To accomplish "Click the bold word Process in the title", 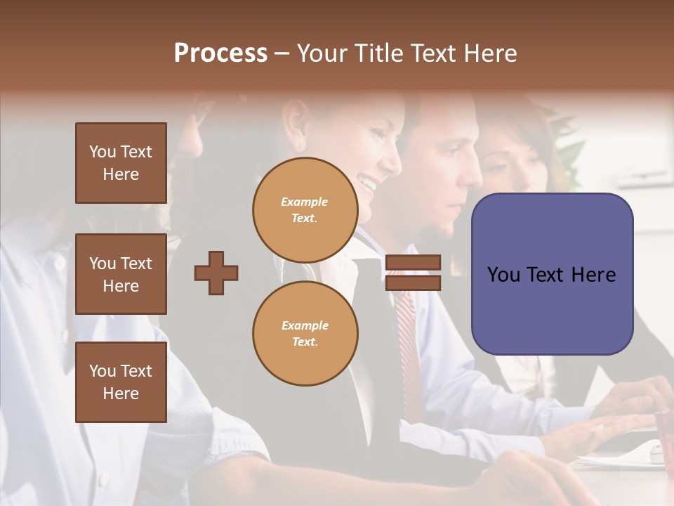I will coord(220,53).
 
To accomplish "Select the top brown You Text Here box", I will coord(121,163).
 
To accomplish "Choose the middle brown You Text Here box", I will coord(121,274).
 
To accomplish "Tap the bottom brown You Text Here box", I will coord(121,382).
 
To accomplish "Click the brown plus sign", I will coord(216,273).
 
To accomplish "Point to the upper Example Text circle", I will coord(305,210).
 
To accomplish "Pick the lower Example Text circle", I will coord(305,334).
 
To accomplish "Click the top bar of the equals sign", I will coord(414,263).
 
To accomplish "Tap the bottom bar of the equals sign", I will coord(414,283).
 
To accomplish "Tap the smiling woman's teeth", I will coord(366,183).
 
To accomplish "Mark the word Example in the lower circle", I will coord(305,325).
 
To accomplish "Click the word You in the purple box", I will coord(503,275).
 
